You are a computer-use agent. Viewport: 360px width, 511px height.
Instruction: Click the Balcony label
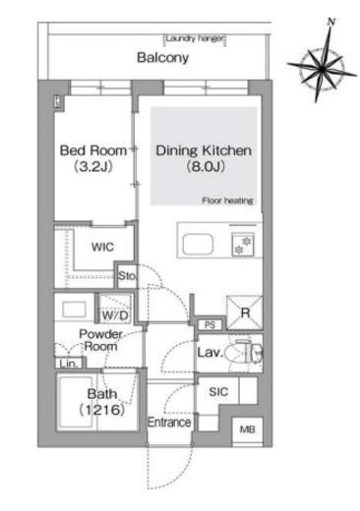(162, 58)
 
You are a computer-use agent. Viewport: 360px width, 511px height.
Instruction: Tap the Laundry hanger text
(195, 38)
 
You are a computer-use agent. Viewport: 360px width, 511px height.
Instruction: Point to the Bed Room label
(93, 150)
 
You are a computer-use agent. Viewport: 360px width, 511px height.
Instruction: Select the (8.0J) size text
(206, 167)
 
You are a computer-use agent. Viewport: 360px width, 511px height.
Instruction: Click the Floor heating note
(227, 200)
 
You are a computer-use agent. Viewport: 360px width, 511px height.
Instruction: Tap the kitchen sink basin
(198, 244)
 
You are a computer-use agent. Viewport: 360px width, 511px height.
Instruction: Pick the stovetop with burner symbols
(243, 245)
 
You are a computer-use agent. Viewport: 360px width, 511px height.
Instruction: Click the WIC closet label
(102, 247)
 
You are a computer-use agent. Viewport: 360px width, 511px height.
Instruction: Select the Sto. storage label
(127, 276)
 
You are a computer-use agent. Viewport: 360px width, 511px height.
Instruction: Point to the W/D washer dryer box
(115, 308)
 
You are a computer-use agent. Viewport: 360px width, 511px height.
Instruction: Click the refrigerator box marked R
(245, 312)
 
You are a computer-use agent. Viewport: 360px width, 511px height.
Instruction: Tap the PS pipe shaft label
(210, 325)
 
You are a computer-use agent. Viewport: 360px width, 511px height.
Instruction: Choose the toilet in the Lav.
(250, 353)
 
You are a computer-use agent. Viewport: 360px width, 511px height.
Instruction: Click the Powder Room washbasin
(75, 310)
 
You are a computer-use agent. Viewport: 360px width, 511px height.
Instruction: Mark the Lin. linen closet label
(70, 364)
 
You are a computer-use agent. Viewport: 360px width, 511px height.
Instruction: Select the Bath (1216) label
(102, 402)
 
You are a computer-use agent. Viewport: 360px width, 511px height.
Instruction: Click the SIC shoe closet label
(218, 392)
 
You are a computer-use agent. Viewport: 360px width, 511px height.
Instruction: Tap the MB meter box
(248, 429)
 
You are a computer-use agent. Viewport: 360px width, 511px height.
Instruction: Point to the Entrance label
(169, 423)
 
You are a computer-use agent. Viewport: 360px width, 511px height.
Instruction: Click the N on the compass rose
(331, 22)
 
